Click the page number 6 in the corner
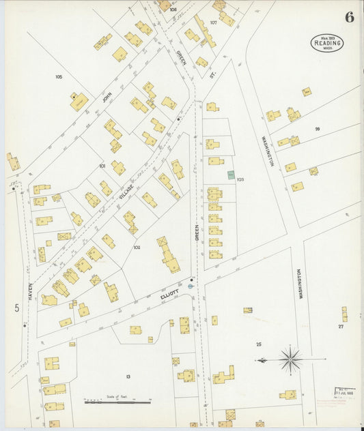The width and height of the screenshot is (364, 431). click(349, 18)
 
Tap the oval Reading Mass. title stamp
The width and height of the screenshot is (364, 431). click(328, 43)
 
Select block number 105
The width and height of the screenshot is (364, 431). click(59, 76)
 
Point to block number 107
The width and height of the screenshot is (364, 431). click(213, 23)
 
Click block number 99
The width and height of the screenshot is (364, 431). click(318, 128)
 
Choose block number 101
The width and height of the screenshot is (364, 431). click(102, 166)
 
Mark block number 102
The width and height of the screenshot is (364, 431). click(137, 248)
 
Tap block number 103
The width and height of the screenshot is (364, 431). click(240, 180)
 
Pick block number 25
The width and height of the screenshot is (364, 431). click(259, 344)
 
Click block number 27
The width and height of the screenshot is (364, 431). click(340, 327)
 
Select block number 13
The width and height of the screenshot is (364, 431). click(128, 376)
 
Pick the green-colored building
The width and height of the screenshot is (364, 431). click(231, 175)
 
